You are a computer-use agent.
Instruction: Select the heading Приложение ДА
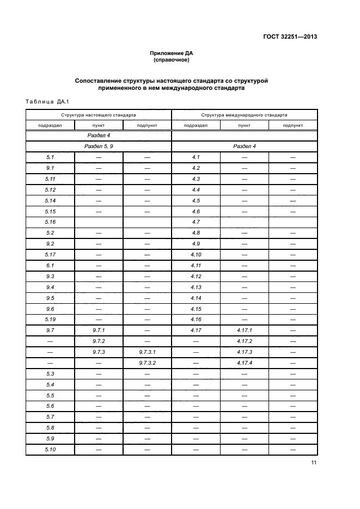pos(172,53)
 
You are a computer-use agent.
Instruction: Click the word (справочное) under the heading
pos(172,59)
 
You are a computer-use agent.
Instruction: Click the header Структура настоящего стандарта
pos(99,115)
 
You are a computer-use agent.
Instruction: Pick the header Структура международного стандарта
pos(244,115)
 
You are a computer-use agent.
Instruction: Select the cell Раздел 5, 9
pos(99,146)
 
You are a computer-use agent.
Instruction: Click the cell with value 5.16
pos(50,222)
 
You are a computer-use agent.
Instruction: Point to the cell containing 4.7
pos(196,222)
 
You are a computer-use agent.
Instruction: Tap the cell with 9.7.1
pos(99,330)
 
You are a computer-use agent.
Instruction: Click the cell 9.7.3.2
pos(147,363)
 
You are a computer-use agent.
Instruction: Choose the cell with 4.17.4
pos(244,363)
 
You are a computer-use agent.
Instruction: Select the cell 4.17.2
pos(244,341)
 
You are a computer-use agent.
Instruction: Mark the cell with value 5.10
pos(50,449)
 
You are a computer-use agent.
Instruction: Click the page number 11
pos(314,463)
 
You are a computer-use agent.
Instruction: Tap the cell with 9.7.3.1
pos(147,352)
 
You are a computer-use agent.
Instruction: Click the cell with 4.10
pos(196,254)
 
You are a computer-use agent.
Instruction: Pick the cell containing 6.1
pos(50,265)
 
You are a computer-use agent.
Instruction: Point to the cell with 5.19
pos(50,319)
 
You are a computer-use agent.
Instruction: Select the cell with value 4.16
pos(196,319)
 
